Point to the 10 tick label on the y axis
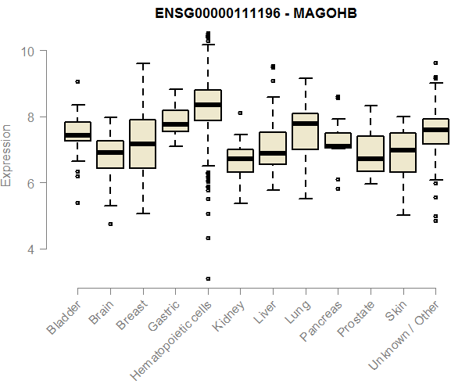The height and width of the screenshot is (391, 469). pos(28,51)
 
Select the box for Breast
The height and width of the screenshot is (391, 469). pos(142,144)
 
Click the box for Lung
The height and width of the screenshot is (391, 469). pos(304,131)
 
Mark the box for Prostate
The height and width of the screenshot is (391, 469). pos(370,153)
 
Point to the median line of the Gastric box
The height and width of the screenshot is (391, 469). pos(175,124)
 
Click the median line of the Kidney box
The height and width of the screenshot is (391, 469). pos(240,158)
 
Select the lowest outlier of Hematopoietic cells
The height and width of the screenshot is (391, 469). pos(207,278)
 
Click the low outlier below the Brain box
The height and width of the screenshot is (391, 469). pos(110,224)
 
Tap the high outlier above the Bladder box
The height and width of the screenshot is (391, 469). pos(77,81)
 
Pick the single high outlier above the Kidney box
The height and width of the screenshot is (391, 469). pos(240,113)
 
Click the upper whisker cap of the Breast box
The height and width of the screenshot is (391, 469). pos(142,63)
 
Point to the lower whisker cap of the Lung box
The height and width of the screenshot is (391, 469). pos(304,198)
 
